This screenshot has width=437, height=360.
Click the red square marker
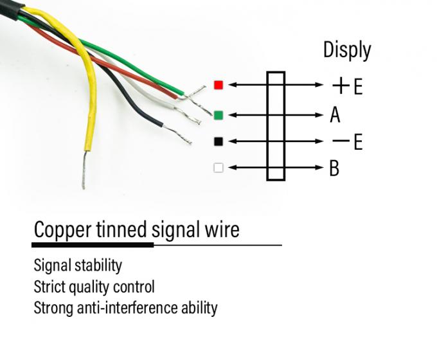[219, 85]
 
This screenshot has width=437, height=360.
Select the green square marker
[219, 115]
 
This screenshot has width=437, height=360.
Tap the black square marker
[219, 141]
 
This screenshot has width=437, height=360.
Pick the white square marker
[219, 168]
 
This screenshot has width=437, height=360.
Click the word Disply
[347, 50]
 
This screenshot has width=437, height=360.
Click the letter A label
[335, 115]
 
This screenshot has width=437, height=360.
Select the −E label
[348, 141]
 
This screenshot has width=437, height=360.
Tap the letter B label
[334, 168]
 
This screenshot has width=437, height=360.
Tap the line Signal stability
[78, 265]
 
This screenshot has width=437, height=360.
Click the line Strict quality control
[94, 286]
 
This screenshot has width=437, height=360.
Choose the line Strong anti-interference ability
[125, 307]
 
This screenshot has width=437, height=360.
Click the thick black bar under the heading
[93, 245]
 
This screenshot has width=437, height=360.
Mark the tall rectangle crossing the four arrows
[276, 126]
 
